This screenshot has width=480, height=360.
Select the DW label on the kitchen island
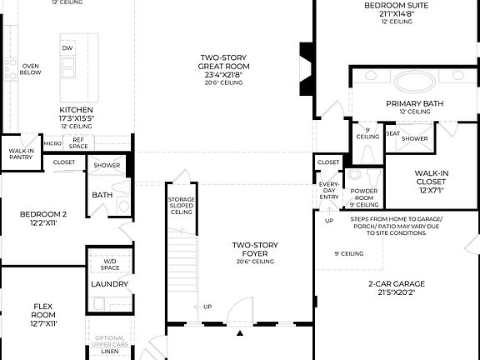point(67,48)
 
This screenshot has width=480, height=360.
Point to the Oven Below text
point(31,69)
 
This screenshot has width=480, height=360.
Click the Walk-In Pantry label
point(21,154)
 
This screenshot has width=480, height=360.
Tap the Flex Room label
point(43,309)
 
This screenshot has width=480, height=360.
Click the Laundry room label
point(109,284)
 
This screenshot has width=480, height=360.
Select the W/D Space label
point(110,264)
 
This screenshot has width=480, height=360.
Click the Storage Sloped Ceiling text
point(181,205)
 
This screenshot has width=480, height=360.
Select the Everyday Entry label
point(328,191)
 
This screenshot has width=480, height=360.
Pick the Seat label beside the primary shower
point(392,133)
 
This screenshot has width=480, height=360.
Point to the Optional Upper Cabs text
point(109,341)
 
